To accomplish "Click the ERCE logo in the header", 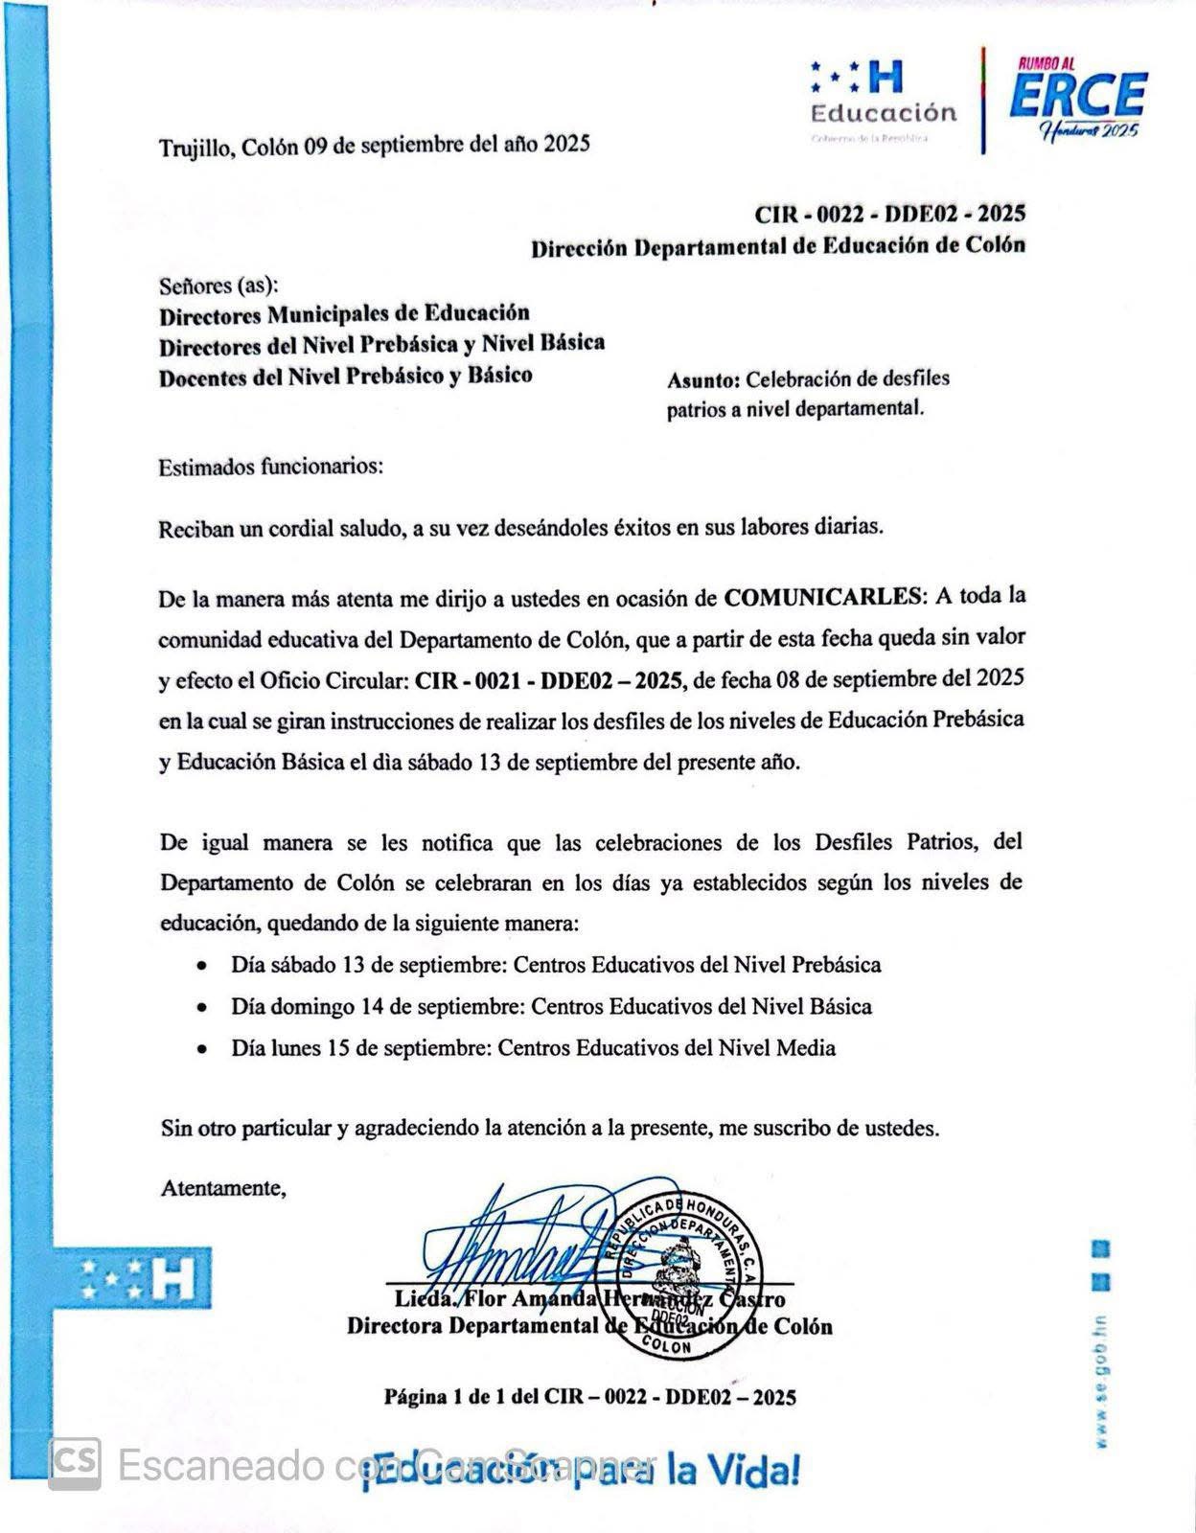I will (1077, 101).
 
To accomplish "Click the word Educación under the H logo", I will (883, 113).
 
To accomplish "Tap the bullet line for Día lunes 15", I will (533, 1048).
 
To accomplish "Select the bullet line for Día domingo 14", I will (551, 1007).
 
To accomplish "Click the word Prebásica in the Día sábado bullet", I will (836, 965).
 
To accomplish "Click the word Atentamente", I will (223, 1189).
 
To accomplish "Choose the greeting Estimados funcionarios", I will (270, 468).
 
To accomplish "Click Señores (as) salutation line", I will (218, 286).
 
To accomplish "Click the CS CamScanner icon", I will (75, 1464).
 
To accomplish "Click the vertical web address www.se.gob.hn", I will (1102, 1380).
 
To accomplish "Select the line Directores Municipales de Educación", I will (344, 313).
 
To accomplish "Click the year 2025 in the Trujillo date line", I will (566, 145).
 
